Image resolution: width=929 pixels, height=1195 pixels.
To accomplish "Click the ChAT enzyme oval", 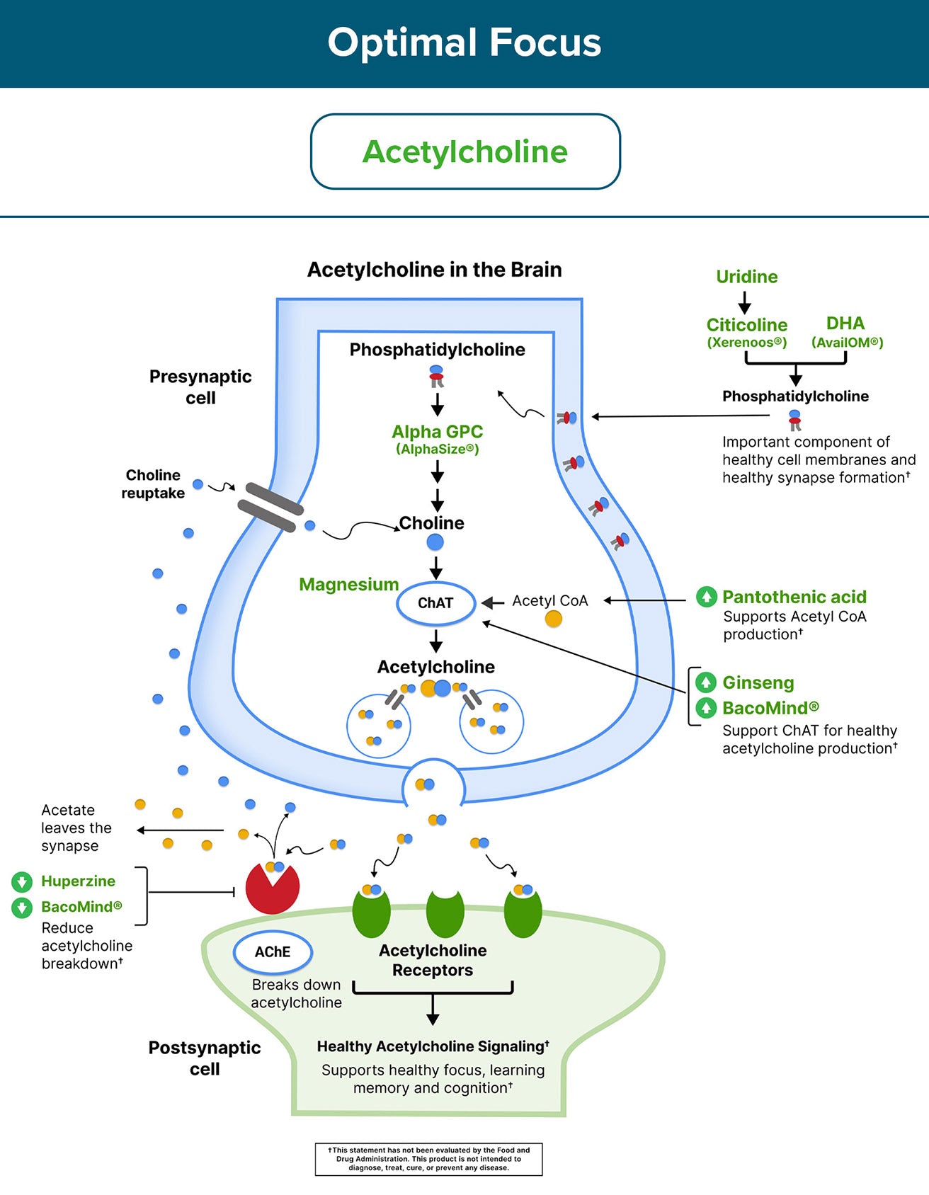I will click(435, 603).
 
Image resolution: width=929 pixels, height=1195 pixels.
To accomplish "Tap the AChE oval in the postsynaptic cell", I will click(273, 951).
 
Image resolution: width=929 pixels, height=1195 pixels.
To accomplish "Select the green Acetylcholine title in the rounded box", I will click(465, 151).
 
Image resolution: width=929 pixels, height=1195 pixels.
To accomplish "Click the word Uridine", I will click(746, 277).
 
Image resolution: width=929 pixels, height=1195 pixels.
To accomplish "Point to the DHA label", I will click(845, 324).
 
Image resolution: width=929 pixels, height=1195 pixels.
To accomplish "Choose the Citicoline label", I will click(746, 325).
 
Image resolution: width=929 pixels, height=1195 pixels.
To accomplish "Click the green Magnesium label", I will click(348, 585).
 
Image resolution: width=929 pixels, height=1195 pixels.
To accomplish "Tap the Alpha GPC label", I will click(437, 432).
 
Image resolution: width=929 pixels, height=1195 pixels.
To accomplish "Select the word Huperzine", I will click(78, 881).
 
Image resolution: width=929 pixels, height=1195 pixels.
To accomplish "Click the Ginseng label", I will click(758, 682).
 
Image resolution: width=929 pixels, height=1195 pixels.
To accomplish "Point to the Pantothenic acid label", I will click(794, 597).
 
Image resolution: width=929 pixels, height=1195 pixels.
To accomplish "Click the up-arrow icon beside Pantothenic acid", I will click(706, 597).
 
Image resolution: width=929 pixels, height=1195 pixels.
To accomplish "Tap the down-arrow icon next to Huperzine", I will click(22, 882).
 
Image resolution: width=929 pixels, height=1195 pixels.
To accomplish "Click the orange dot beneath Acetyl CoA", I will click(553, 619).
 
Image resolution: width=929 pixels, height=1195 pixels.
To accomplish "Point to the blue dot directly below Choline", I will click(435, 543).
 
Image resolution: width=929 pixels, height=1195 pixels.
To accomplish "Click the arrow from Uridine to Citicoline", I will click(745, 303).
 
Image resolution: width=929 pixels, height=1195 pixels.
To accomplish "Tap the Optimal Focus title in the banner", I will click(464, 42).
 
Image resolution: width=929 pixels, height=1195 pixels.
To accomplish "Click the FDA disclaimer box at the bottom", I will click(428, 1159).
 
